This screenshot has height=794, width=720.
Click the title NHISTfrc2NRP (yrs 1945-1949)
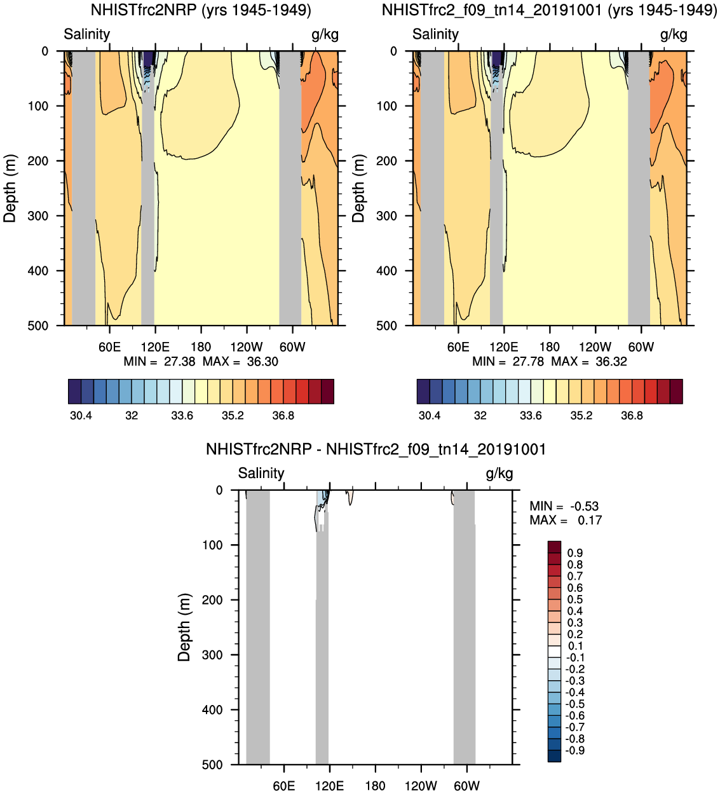[201, 10]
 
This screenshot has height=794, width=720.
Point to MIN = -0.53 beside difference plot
[564, 507]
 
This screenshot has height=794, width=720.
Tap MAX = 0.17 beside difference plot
[566, 521]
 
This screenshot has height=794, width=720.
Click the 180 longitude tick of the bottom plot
[375, 786]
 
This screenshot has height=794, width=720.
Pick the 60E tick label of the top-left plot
[109, 347]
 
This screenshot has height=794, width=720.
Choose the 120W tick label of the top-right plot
[595, 347]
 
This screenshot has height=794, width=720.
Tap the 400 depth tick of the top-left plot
[38, 271]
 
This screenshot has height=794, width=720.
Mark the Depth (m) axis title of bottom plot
[184, 627]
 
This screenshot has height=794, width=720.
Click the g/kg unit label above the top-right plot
[674, 34]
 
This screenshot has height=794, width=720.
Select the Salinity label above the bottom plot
[261, 474]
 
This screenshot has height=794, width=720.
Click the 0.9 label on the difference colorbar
[575, 553]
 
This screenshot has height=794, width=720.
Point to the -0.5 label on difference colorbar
[574, 704]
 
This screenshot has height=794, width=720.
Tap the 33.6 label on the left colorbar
[182, 416]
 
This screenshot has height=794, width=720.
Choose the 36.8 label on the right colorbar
[632, 416]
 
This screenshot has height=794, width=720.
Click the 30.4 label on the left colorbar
[81, 416]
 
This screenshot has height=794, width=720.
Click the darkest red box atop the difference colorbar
[554, 547]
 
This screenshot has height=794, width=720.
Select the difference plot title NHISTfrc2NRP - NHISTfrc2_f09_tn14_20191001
[376, 449]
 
